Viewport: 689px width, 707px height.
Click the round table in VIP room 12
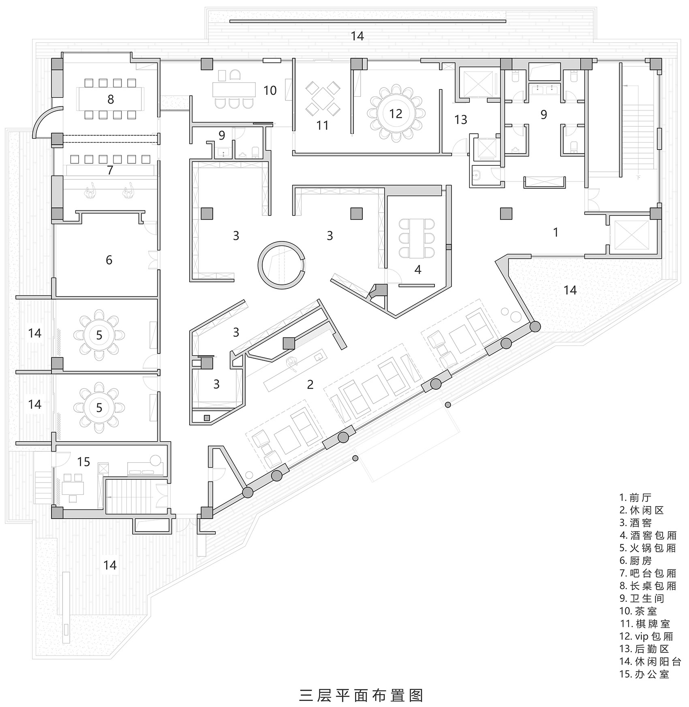click(x=395, y=113)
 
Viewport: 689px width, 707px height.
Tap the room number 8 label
click(x=110, y=99)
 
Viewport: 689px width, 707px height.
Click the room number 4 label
click(x=417, y=269)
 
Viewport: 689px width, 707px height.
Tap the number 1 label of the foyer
click(x=556, y=232)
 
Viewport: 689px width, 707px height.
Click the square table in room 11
click(x=323, y=97)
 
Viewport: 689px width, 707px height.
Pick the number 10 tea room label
click(x=270, y=90)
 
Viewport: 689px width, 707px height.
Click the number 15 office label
click(x=83, y=461)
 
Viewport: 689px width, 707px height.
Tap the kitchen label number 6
click(x=109, y=260)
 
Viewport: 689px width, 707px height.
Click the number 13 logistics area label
click(x=461, y=120)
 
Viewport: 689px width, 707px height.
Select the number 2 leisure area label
click(x=310, y=384)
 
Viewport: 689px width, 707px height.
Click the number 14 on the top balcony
click(x=357, y=36)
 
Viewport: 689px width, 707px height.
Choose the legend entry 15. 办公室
click(x=644, y=674)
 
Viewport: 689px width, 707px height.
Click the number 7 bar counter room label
click(x=110, y=170)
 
